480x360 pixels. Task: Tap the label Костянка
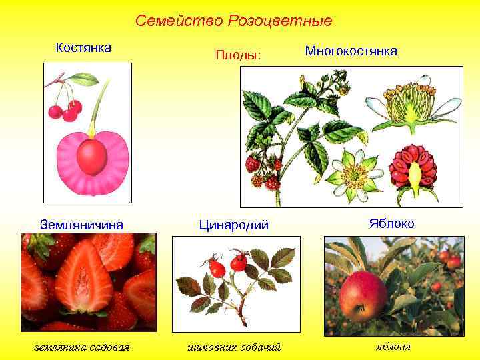pos(83,47)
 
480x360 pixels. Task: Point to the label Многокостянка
pos(351,51)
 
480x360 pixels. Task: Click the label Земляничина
pos(83,225)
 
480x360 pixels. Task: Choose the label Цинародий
pos(234,225)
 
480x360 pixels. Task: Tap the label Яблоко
pos(391,223)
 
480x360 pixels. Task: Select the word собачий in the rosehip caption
pos(257,347)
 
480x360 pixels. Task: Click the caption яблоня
pos(393,346)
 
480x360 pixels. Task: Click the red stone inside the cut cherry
pos(91,156)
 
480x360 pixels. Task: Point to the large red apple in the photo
pos(363,295)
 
